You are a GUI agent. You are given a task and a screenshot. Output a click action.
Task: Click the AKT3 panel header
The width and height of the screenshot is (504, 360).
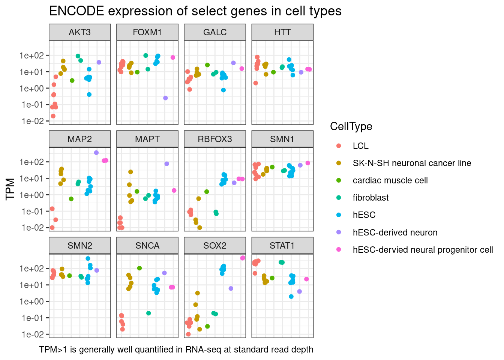click(79, 32)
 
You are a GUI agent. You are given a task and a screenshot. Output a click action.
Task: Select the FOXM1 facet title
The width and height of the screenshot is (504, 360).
click(147, 32)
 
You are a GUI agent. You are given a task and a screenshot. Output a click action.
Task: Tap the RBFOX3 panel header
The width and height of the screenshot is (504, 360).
click(214, 139)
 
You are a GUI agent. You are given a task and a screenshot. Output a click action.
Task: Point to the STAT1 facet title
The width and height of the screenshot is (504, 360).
click(282, 246)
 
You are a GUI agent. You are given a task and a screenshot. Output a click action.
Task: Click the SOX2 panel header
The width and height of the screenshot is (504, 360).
click(214, 246)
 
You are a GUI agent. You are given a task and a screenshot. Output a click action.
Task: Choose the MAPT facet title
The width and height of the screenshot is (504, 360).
click(147, 139)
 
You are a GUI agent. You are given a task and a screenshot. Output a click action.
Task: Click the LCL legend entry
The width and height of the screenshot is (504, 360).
click(360, 146)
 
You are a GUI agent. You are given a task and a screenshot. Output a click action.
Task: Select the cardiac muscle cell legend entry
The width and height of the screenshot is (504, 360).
click(390, 180)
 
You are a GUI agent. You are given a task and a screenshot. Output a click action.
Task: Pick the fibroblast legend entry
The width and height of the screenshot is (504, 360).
click(370, 198)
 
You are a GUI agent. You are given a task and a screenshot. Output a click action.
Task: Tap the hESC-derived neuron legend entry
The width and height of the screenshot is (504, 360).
click(395, 232)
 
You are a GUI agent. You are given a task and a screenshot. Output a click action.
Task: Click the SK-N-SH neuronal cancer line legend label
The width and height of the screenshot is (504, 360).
click(412, 163)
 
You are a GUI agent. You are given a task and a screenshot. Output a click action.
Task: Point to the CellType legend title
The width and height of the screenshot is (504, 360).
click(351, 126)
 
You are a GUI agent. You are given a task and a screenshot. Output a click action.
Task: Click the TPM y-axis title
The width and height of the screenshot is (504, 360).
click(10, 189)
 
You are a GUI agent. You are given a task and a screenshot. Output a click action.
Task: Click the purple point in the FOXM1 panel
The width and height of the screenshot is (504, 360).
click(165, 98)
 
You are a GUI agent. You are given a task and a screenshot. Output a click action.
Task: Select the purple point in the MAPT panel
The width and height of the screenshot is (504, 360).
click(167, 164)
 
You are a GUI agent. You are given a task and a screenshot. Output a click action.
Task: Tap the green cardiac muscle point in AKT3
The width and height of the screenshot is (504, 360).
click(72, 81)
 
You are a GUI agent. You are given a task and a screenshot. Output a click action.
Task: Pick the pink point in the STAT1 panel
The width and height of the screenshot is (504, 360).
click(306, 279)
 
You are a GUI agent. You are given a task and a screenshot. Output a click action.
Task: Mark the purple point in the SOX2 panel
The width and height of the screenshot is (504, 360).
click(231, 288)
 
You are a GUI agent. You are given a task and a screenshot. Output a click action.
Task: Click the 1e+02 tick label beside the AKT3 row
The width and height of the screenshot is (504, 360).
click(32, 55)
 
